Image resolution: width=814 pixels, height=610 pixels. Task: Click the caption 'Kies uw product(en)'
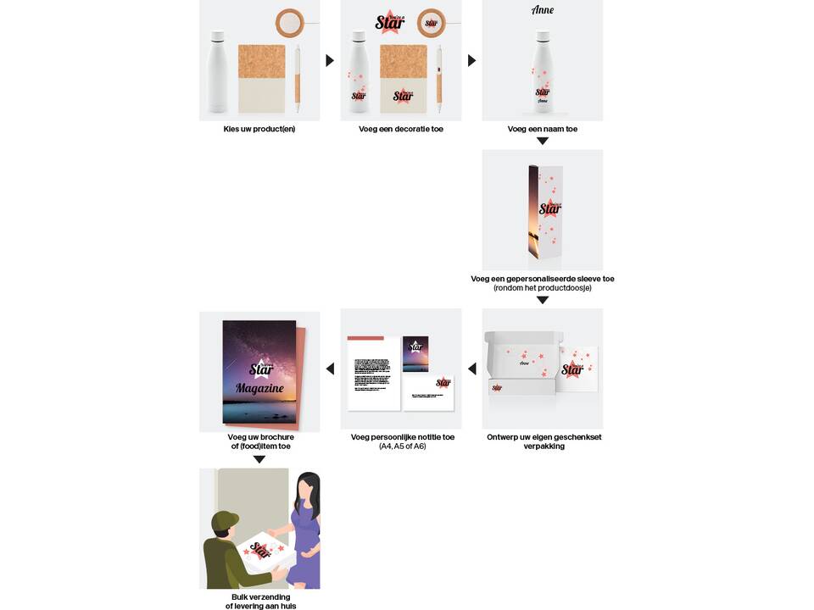(x=259, y=129)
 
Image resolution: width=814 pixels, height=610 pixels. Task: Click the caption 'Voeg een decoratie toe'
(x=401, y=129)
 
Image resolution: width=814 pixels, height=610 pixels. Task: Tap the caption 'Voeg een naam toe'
(x=543, y=129)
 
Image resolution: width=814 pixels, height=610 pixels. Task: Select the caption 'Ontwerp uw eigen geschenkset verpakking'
(x=544, y=441)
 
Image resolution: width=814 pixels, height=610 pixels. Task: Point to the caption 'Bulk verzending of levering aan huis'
(x=259, y=602)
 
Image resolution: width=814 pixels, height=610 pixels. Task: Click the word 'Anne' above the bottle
(x=543, y=11)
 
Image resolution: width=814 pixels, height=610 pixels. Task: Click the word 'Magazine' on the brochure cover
(x=259, y=387)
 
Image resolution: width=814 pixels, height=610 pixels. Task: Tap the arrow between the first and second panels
(x=330, y=60)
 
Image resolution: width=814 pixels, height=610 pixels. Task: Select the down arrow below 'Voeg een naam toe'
(x=543, y=141)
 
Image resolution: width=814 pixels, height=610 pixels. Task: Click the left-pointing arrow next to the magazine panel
(x=330, y=369)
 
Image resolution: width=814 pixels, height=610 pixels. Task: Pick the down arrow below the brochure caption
(x=259, y=459)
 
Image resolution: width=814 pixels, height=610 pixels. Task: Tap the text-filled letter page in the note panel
(x=374, y=373)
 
